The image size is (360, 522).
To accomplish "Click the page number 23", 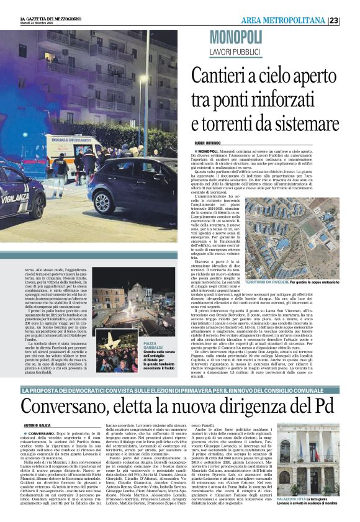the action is pos(351,20).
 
